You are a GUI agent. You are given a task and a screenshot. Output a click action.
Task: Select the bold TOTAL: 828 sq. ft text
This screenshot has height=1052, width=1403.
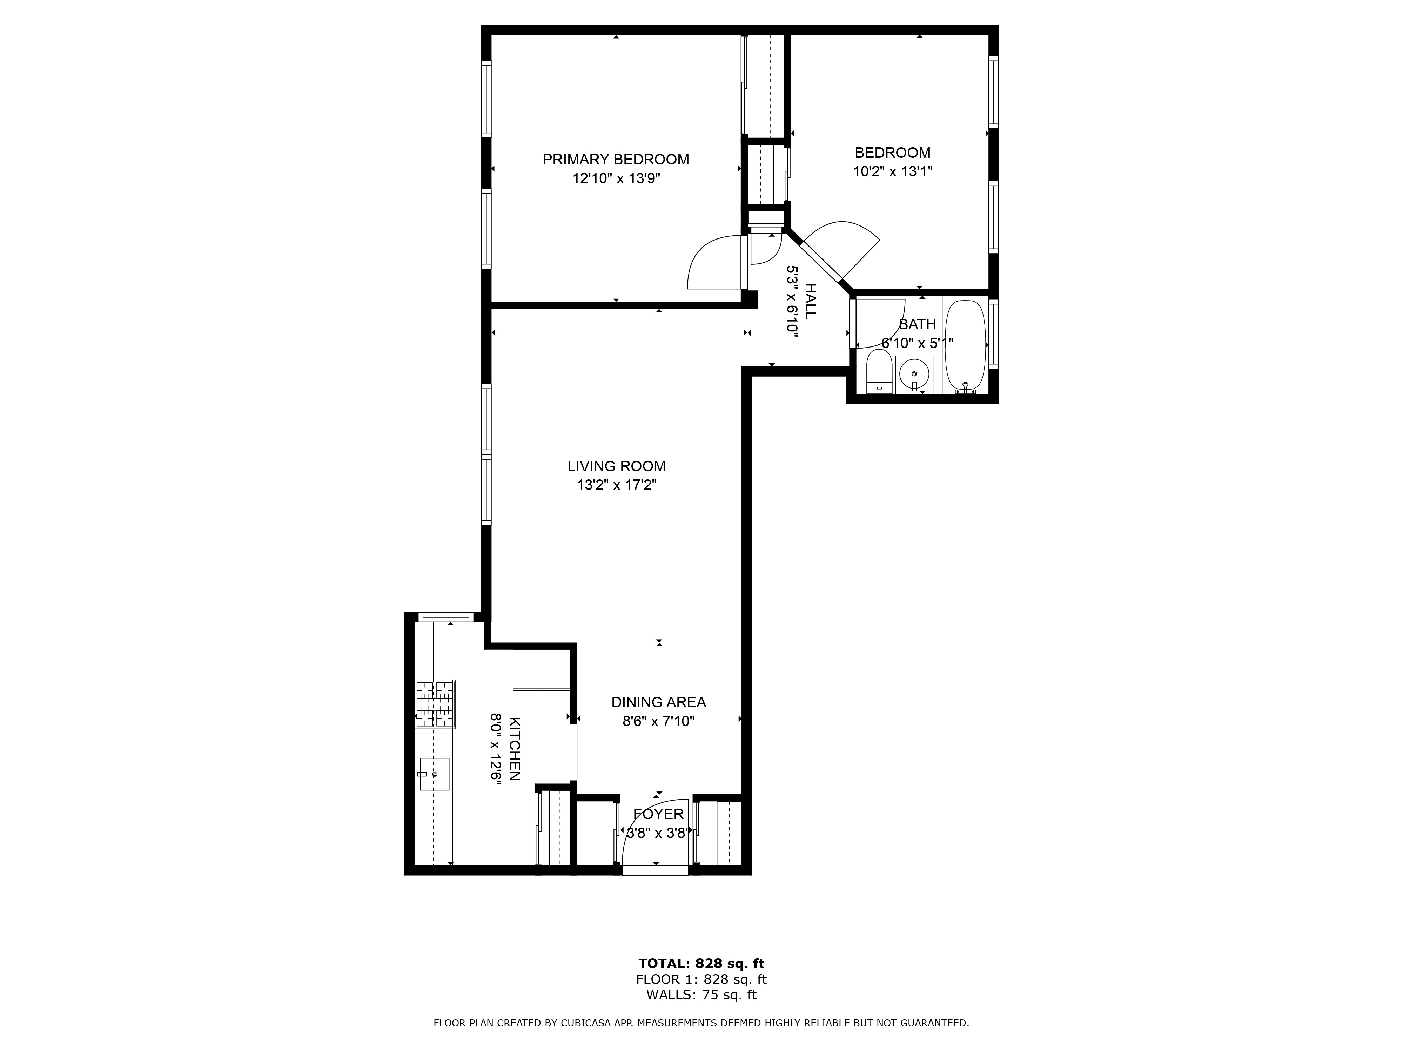coord(701,964)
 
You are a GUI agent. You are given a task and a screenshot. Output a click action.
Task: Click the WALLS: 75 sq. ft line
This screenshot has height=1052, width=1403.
coord(701,995)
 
